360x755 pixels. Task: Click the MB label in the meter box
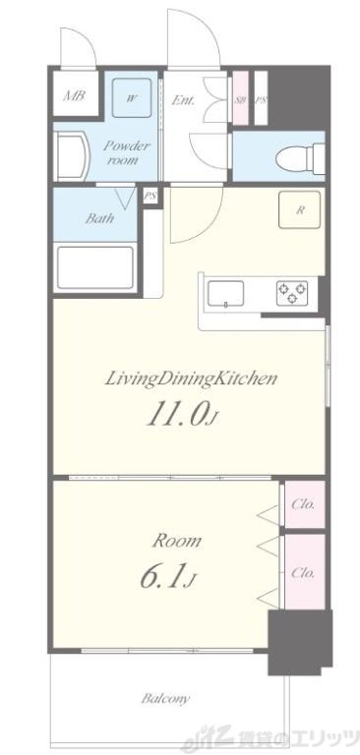click(74, 94)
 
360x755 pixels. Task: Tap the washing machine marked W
click(132, 98)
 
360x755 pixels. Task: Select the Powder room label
click(128, 152)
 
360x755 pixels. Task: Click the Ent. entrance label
click(183, 100)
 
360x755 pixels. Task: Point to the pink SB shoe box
click(240, 98)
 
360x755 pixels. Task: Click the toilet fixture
click(302, 156)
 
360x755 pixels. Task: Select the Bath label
click(99, 218)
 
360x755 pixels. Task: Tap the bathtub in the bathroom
click(95, 267)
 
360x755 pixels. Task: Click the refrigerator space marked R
click(299, 210)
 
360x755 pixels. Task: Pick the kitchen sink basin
click(225, 294)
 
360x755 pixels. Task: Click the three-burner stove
click(292, 293)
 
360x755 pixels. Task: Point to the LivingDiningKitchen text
click(192, 378)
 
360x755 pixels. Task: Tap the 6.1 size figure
click(167, 576)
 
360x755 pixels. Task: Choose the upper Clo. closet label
click(303, 504)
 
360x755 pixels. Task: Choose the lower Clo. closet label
click(303, 572)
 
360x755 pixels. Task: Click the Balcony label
click(166, 698)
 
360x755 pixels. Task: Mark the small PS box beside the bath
click(150, 197)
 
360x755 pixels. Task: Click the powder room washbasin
click(73, 156)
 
